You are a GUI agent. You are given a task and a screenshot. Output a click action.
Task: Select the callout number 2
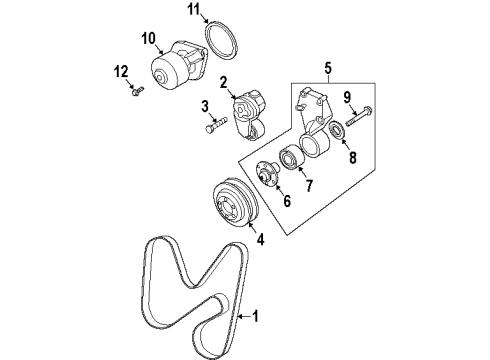tap(225, 83)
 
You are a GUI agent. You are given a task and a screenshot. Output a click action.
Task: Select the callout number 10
tap(148, 39)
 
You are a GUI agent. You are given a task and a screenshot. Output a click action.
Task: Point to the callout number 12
tap(122, 72)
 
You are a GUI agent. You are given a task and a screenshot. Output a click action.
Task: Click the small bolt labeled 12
tap(137, 92)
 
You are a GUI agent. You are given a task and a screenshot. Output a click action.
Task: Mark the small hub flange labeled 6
tap(269, 173)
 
